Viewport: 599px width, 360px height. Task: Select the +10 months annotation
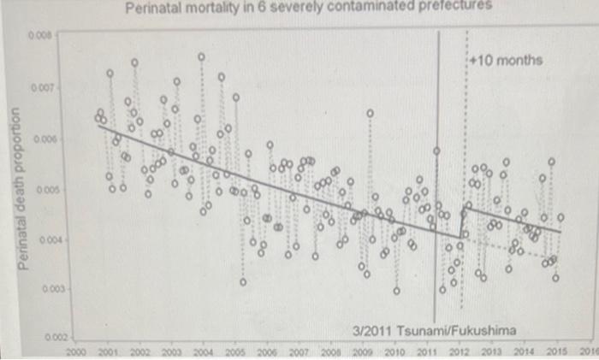pos(507,61)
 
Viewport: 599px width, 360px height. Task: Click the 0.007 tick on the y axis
pos(42,88)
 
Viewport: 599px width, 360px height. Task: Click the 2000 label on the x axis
pos(76,351)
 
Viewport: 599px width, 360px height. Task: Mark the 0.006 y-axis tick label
pos(42,139)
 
